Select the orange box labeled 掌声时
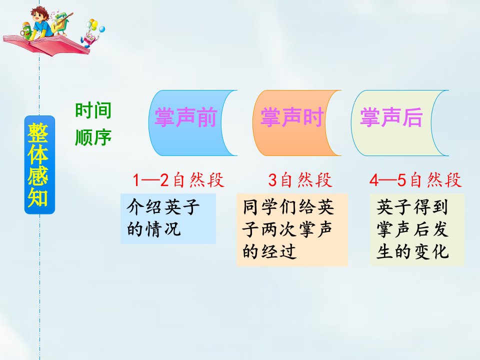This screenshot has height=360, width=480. point(291,123)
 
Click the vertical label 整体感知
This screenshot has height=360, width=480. point(39,164)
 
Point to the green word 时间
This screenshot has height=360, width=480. point(93,110)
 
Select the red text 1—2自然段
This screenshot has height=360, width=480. point(178,179)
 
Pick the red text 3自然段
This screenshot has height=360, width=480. point(300,179)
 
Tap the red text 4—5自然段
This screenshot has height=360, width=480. point(415,179)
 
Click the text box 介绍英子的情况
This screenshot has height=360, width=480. point(168,218)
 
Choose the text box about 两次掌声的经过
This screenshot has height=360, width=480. point(292,229)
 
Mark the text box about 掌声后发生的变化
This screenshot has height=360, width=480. point(417,229)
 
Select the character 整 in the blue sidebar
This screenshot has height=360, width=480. point(38,132)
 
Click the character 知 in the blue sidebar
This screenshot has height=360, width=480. point(38,197)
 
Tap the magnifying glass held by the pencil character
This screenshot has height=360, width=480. point(22,32)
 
